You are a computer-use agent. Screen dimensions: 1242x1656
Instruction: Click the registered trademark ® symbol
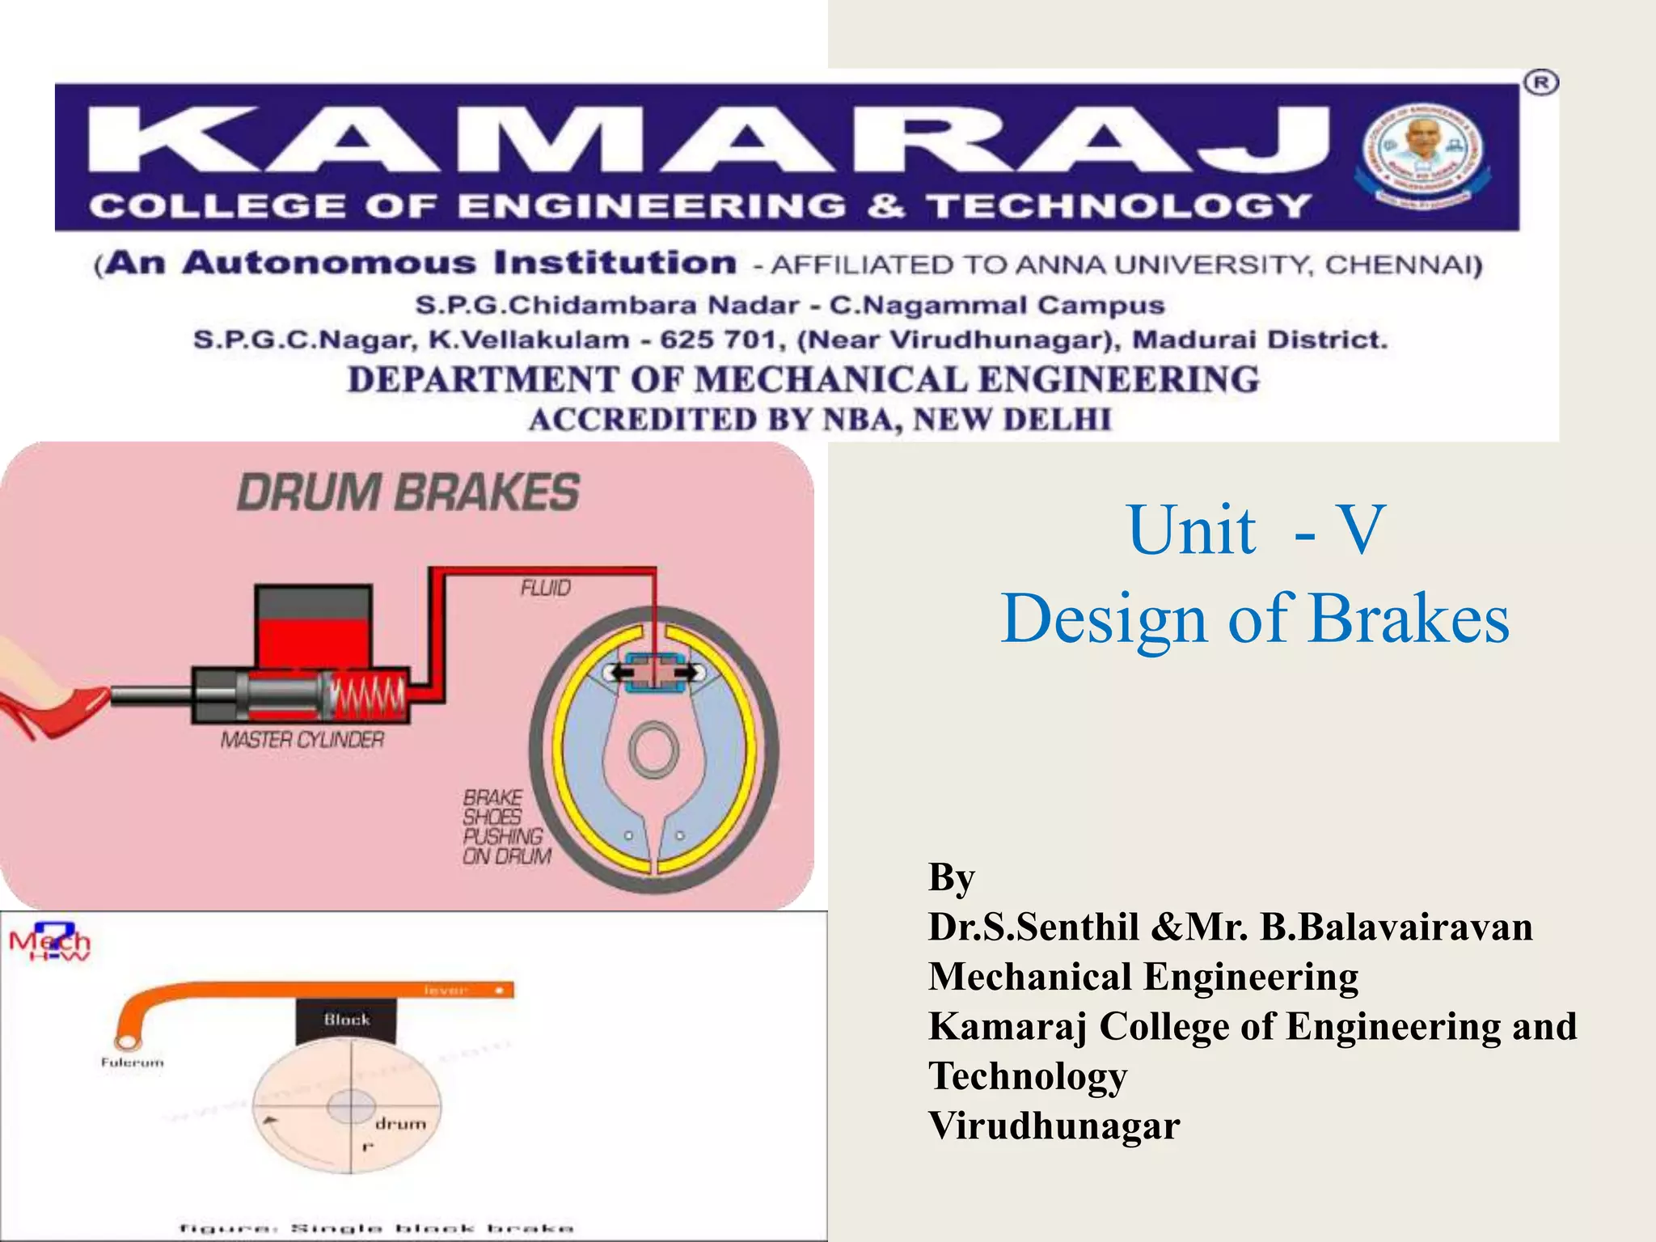(1541, 83)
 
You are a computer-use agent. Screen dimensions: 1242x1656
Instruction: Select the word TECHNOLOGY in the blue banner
(1119, 206)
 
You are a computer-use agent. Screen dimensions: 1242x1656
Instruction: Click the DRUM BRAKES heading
(408, 492)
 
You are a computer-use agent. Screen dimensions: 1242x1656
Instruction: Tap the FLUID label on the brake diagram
(546, 588)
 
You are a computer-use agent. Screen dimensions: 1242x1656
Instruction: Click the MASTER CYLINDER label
(302, 740)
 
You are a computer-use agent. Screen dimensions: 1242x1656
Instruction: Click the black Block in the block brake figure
(347, 1020)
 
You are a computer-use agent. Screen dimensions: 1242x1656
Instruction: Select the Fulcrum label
(132, 1062)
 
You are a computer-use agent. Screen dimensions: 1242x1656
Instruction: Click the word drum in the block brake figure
(400, 1124)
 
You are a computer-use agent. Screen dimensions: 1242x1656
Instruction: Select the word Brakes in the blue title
(1409, 619)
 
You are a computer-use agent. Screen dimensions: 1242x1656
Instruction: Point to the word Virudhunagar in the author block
(1054, 1126)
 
